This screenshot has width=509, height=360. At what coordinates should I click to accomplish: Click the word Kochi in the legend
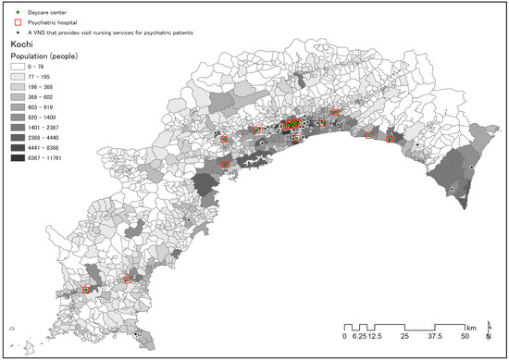(23, 43)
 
